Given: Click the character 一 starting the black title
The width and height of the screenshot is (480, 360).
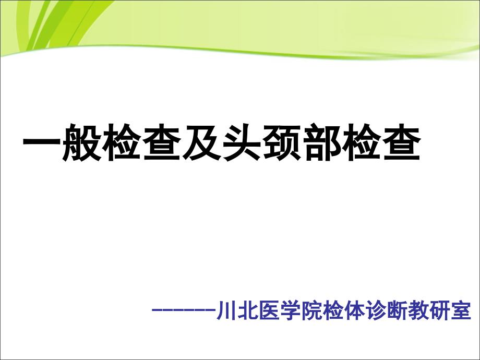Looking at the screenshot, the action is [x=42, y=142].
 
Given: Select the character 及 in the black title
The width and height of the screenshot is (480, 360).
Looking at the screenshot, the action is [x=202, y=142].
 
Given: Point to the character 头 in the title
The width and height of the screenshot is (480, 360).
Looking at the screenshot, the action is [x=242, y=142].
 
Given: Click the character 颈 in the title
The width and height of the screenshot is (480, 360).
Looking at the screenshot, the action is [x=282, y=142].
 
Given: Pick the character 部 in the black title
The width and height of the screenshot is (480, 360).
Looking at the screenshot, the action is [x=322, y=142].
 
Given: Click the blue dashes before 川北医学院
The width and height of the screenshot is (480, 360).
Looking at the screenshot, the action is [x=184, y=310].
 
